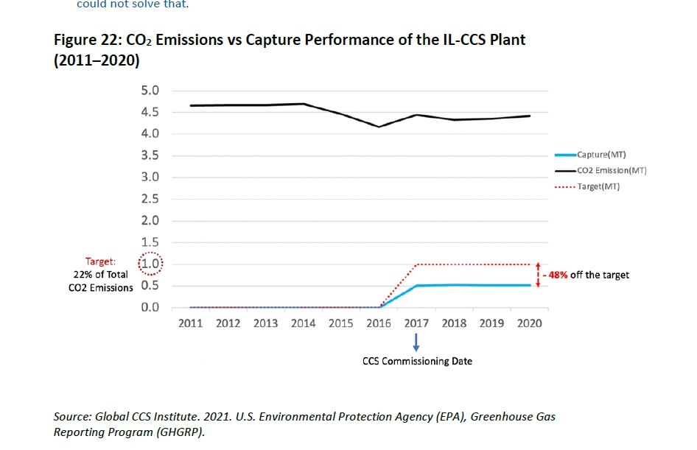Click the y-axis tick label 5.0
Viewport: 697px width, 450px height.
pos(150,91)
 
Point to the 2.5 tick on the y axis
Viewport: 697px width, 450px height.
pos(150,199)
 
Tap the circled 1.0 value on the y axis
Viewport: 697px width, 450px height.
pos(150,264)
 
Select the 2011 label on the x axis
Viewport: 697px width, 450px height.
pos(191,323)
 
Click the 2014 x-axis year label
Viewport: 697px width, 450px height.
pos(304,323)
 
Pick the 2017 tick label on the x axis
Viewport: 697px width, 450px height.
pos(416,323)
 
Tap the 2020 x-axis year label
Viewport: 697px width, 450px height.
pos(529,323)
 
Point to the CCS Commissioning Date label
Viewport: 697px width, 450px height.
pos(417,362)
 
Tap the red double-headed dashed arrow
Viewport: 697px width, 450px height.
pos(538,275)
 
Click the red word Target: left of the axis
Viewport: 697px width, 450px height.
pos(100,261)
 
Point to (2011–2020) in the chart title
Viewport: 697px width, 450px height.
pos(97,61)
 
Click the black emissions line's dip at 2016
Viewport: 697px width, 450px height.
pos(379,127)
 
